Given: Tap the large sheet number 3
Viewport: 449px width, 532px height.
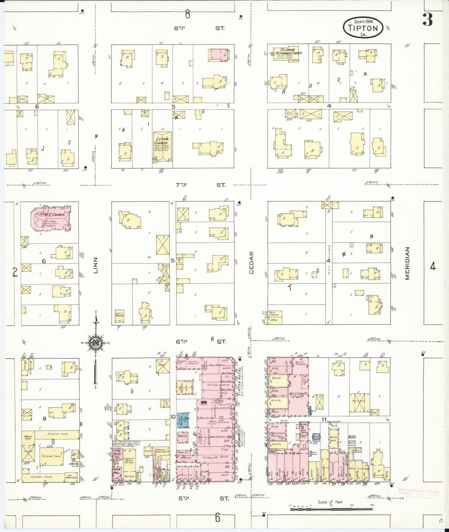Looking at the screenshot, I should pyautogui.click(x=427, y=19).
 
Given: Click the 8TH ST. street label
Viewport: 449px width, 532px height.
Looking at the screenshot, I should pyautogui.click(x=199, y=28).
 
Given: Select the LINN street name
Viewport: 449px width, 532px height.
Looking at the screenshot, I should pyautogui.click(x=96, y=267).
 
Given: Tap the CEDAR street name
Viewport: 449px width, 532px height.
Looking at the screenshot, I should pyautogui.click(x=251, y=263).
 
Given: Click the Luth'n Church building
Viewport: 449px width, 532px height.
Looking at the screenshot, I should pyautogui.click(x=162, y=146).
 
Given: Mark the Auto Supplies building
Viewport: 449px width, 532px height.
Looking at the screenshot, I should pyautogui.click(x=275, y=314).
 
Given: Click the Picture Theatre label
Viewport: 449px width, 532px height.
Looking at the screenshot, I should pyautogui.click(x=216, y=385).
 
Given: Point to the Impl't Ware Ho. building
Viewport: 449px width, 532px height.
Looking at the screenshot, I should pyautogui.click(x=120, y=317).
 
